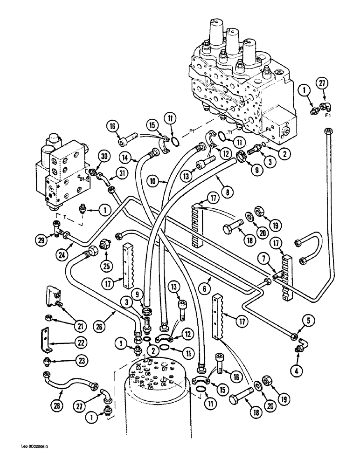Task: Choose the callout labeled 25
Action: [x=106, y=254]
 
